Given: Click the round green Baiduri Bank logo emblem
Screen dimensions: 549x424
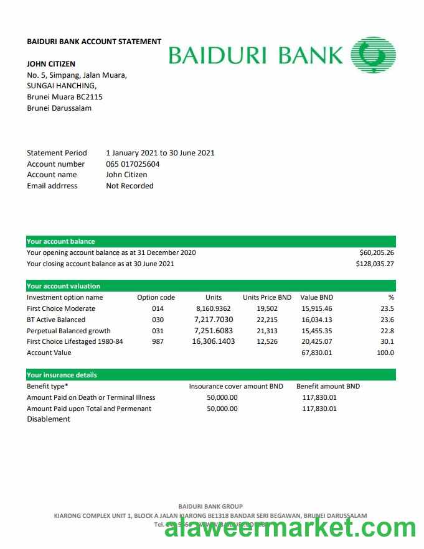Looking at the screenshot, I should [x=373, y=55].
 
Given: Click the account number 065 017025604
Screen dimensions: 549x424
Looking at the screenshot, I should [x=133, y=164].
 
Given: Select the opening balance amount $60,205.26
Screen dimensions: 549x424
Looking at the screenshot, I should [x=377, y=252].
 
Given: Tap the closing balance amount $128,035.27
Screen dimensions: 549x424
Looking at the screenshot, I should [x=375, y=264].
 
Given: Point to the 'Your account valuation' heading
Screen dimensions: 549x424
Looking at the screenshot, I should [x=64, y=286].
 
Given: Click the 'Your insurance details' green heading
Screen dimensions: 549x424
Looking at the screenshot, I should [x=62, y=375].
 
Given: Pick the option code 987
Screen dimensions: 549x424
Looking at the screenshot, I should [x=158, y=341].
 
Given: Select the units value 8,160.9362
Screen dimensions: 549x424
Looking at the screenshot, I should [x=213, y=308].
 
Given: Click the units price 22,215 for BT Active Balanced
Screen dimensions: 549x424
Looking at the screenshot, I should [x=267, y=320].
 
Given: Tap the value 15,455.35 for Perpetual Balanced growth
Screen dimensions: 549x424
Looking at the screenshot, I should [x=317, y=331].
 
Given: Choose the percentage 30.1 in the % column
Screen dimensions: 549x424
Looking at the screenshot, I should [x=387, y=341].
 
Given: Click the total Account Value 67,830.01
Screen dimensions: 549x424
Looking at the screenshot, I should [x=317, y=353].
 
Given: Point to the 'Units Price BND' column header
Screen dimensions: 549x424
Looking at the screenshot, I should [x=267, y=297].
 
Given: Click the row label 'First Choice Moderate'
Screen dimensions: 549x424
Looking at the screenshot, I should [x=61, y=308].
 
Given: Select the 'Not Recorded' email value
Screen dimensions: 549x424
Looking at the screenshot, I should [x=130, y=186].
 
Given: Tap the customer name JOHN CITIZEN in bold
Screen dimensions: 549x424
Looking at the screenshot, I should [x=51, y=63].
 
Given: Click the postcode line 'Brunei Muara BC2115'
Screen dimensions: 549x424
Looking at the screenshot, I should [x=65, y=97].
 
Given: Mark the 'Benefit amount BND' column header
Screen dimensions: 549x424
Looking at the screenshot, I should [x=328, y=386].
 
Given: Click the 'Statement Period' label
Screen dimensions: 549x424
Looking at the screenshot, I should [x=57, y=153].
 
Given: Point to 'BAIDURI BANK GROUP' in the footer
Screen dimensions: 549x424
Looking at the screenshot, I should [x=210, y=506].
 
